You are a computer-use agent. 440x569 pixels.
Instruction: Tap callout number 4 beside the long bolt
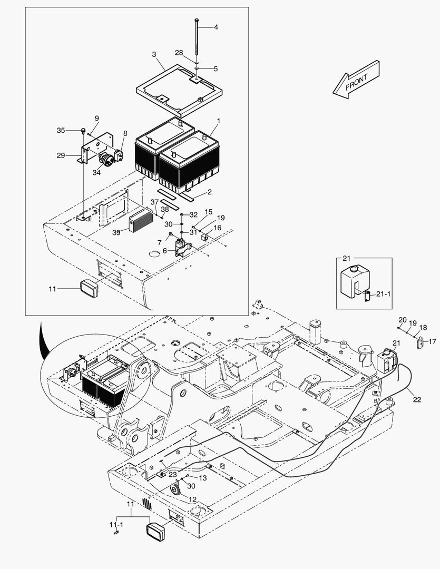[x=216, y=27]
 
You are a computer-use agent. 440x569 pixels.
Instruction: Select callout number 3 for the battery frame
[x=154, y=55]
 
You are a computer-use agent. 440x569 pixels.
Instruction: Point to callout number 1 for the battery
[x=218, y=121]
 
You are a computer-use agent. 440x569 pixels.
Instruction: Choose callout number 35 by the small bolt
[x=61, y=130]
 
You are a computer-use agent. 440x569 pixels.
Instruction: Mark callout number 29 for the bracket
[x=61, y=155]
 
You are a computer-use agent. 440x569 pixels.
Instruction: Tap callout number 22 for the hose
[x=417, y=400]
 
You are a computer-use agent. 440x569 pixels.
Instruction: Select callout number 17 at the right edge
[x=432, y=342]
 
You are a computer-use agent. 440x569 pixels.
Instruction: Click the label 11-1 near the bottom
[x=116, y=525]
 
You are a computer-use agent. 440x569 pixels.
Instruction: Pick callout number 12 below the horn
[x=192, y=499]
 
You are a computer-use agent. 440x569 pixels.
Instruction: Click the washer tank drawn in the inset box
[x=355, y=282]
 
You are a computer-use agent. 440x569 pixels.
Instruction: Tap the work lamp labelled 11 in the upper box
[x=90, y=289]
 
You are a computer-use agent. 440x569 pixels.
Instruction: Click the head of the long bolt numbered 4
[x=196, y=19]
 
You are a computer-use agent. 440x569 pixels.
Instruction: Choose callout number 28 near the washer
[x=179, y=53]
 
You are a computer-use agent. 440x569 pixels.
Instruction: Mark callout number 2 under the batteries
[x=194, y=193]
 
